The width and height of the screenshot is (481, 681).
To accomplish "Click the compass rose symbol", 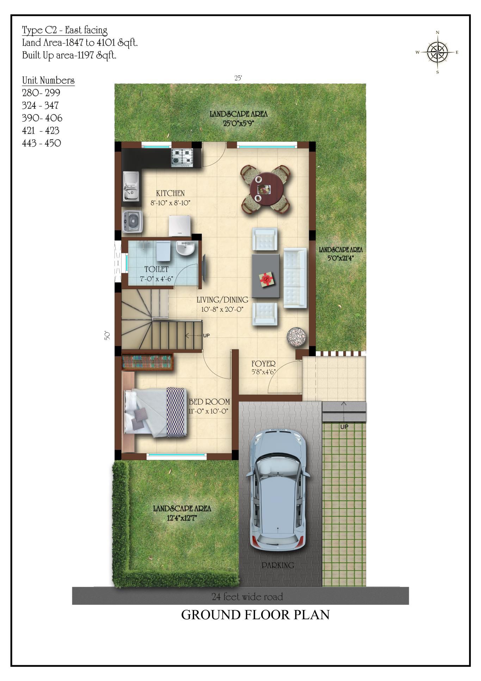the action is (437, 52).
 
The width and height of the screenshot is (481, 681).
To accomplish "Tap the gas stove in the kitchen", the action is (182, 157).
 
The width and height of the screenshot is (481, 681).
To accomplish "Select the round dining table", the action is (267, 189).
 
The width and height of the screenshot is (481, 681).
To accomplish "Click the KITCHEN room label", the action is (170, 193).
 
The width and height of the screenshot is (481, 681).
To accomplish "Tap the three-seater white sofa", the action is (295, 278).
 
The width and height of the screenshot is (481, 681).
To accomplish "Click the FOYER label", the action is (263, 364).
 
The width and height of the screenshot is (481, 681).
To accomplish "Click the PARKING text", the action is (278, 565).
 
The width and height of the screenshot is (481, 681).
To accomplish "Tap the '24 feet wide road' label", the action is (247, 597).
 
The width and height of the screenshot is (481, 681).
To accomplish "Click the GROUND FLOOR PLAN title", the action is (255, 615).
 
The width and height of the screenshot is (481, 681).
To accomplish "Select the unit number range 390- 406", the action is (42, 118).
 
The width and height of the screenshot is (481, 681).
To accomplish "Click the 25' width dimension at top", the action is (238, 79).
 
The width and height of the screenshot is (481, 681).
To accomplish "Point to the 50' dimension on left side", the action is (107, 335).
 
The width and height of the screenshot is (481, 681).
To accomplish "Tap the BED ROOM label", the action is (209, 402).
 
